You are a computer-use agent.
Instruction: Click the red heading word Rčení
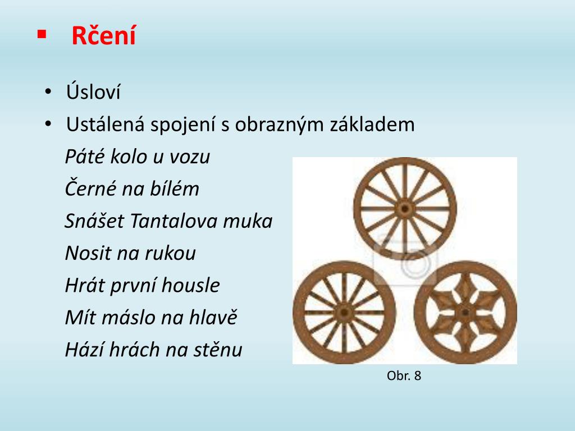103,36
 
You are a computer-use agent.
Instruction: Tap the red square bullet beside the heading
41,34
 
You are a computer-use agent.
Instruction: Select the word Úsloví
93,92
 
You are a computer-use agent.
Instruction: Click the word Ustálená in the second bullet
104,124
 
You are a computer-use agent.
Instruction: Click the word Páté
82,157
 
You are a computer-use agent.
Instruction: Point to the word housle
190,286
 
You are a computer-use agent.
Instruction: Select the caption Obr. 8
404,376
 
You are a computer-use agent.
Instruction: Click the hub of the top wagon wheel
404,209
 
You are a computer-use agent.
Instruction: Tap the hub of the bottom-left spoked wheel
344,312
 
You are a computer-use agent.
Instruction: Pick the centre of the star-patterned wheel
465,312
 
